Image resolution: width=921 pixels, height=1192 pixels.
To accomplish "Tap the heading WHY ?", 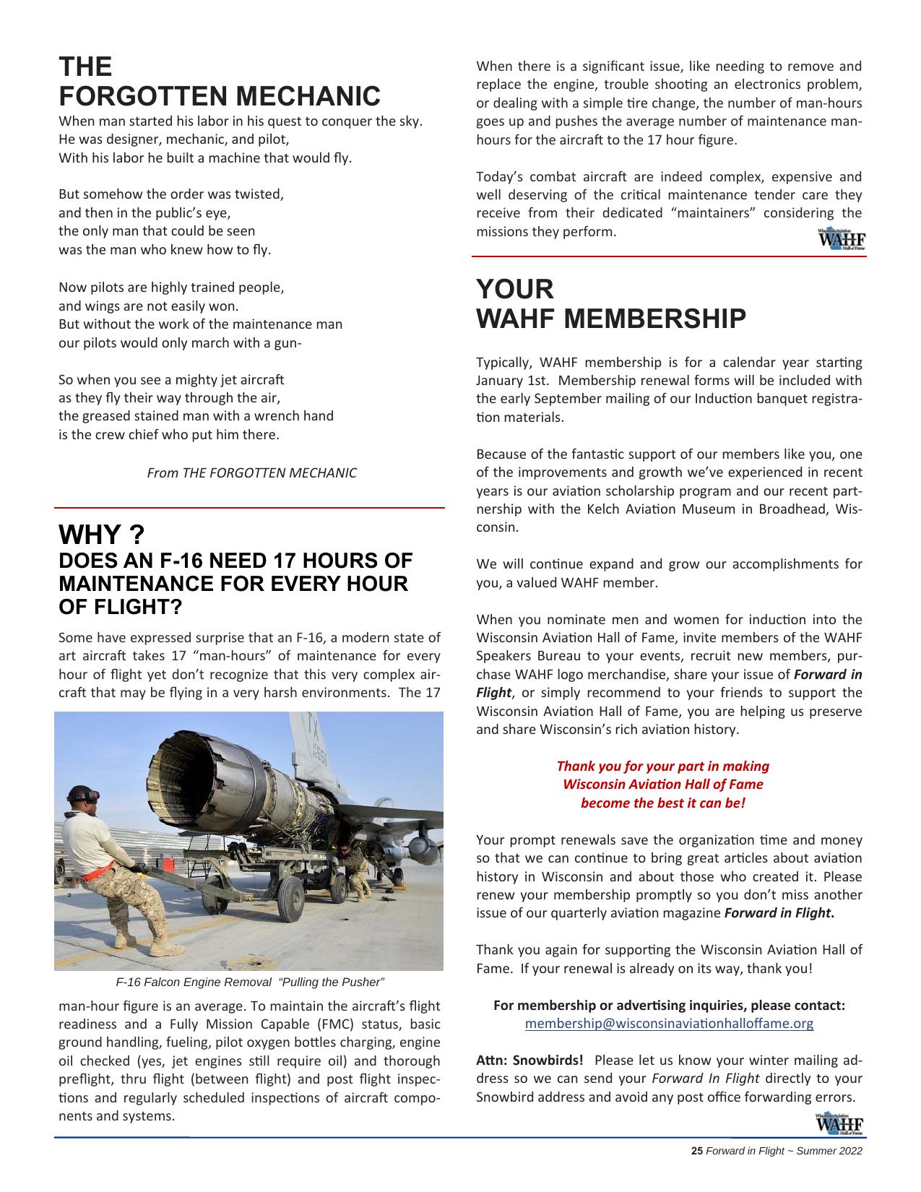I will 101,535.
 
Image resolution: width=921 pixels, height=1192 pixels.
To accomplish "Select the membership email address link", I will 669,1024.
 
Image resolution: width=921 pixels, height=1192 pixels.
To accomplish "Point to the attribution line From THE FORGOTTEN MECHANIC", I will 251,473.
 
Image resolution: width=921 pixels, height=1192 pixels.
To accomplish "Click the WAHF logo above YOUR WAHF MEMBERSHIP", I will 841,239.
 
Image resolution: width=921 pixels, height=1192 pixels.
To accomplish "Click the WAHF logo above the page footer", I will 840,1125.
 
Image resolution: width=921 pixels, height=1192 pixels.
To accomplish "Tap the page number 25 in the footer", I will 696,1152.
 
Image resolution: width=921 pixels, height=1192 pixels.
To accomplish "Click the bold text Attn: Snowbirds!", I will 529,1061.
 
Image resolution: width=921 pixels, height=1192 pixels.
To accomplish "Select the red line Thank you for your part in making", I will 662,766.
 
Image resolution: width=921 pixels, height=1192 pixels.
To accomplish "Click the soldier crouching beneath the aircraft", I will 355,871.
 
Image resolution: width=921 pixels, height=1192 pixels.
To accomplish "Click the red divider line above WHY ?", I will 249,509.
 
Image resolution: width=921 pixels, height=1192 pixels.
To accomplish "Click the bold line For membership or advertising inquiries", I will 669,1006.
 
